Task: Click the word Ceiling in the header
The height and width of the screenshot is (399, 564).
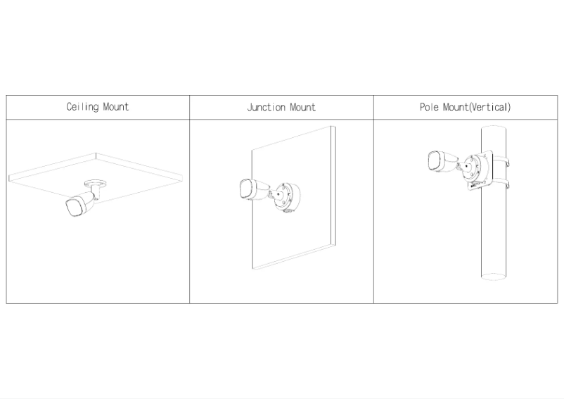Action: click(82, 107)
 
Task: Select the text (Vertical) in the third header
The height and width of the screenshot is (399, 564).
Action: click(489, 107)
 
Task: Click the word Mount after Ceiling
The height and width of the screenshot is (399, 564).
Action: click(116, 107)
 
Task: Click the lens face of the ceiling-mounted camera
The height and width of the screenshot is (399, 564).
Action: click(74, 208)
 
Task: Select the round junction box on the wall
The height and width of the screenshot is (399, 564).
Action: click(288, 197)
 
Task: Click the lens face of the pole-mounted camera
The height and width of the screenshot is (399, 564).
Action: click(435, 160)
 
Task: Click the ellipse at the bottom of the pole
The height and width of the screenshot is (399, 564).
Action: click(494, 277)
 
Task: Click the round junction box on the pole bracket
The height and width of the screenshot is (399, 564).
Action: click(475, 168)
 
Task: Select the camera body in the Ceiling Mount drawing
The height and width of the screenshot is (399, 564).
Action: click(81, 204)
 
